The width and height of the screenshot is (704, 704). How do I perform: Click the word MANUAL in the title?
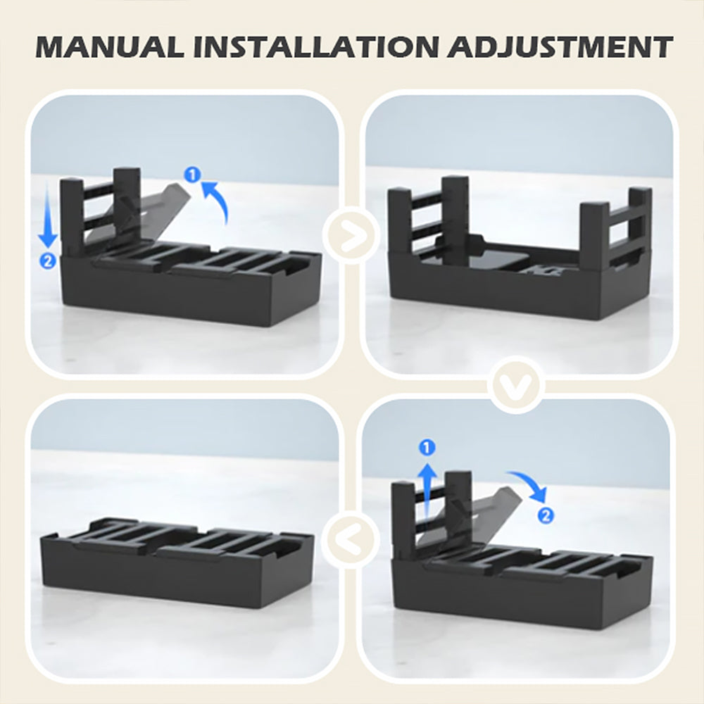tap(110, 46)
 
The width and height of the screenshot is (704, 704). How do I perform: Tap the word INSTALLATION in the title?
tap(315, 46)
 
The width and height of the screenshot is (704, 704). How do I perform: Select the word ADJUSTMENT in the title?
tap(560, 46)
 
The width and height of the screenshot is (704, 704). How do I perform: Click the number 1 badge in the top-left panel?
tap(193, 175)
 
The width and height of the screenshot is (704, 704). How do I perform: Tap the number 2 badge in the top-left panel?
tap(48, 261)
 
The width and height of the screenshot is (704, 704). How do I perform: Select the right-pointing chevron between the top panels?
tap(351, 235)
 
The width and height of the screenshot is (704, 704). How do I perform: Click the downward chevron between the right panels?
tap(516, 385)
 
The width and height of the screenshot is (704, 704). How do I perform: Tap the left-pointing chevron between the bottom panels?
tap(351, 539)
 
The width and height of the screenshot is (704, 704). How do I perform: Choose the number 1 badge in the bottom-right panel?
tap(427, 447)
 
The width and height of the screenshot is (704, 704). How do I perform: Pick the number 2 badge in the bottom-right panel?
tap(546, 515)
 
